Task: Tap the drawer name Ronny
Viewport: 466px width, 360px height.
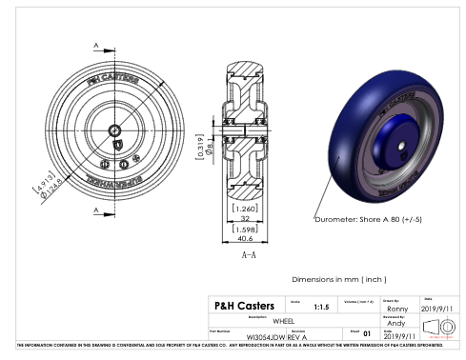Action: pyautogui.click(x=397, y=309)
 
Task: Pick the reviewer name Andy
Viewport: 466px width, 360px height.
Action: pyautogui.click(x=397, y=323)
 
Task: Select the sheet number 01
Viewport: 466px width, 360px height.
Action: pyautogui.click(x=366, y=335)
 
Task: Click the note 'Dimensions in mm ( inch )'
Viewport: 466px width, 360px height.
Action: pyautogui.click(x=339, y=279)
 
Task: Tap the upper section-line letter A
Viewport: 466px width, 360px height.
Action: pyautogui.click(x=97, y=45)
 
